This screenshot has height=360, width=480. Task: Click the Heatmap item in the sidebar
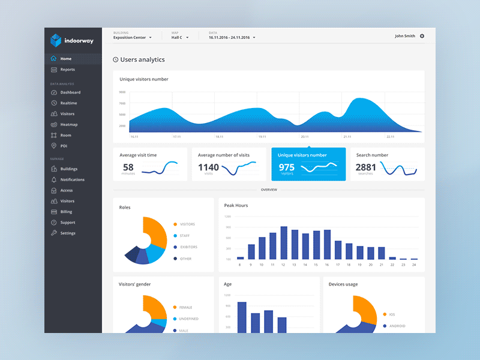(x=68, y=125)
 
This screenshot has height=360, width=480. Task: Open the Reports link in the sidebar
(x=67, y=70)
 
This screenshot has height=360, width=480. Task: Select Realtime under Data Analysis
(x=68, y=103)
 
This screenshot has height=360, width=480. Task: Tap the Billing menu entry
(x=66, y=212)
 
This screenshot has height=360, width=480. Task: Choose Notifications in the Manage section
(x=72, y=179)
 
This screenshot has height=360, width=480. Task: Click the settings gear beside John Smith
(x=422, y=36)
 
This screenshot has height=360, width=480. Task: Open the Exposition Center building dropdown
(x=133, y=37)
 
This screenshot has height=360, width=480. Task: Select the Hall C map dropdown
(x=180, y=37)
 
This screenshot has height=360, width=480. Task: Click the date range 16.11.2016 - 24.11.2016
(x=232, y=37)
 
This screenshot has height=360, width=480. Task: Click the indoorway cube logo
(x=56, y=40)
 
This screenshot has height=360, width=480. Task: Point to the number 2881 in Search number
(x=365, y=167)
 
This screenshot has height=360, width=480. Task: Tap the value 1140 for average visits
(x=208, y=167)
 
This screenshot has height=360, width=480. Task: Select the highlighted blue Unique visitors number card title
(x=302, y=155)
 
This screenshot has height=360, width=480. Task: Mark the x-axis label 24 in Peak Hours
(x=414, y=265)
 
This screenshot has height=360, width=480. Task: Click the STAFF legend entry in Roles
(x=184, y=236)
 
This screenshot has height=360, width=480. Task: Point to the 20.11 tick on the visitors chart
(x=304, y=137)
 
